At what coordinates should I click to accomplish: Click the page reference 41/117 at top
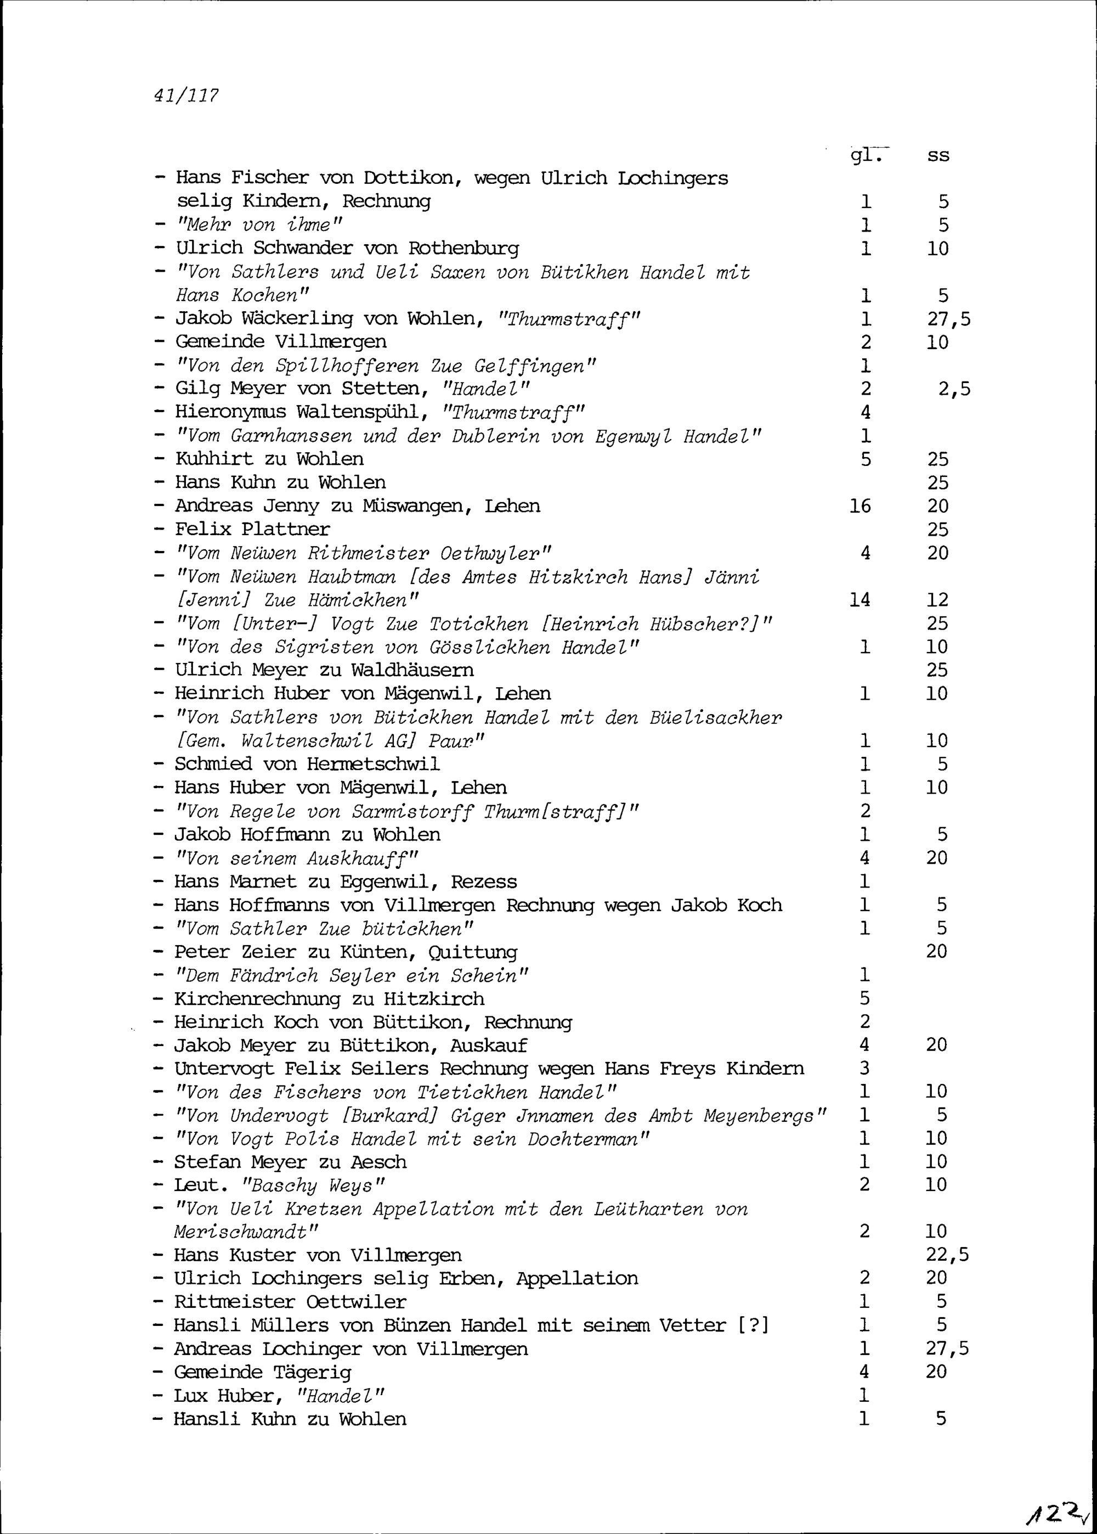click(186, 96)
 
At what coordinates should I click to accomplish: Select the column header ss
click(938, 156)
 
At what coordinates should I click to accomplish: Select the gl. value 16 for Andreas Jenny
click(860, 506)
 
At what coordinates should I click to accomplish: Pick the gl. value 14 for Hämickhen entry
click(860, 599)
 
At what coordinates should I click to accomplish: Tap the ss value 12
click(937, 599)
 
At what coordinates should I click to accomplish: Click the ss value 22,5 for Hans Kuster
click(947, 1255)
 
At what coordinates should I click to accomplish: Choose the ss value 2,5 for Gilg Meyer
click(954, 389)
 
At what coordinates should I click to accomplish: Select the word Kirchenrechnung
click(257, 999)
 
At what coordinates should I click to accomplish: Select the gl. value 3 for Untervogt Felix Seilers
click(864, 1069)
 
